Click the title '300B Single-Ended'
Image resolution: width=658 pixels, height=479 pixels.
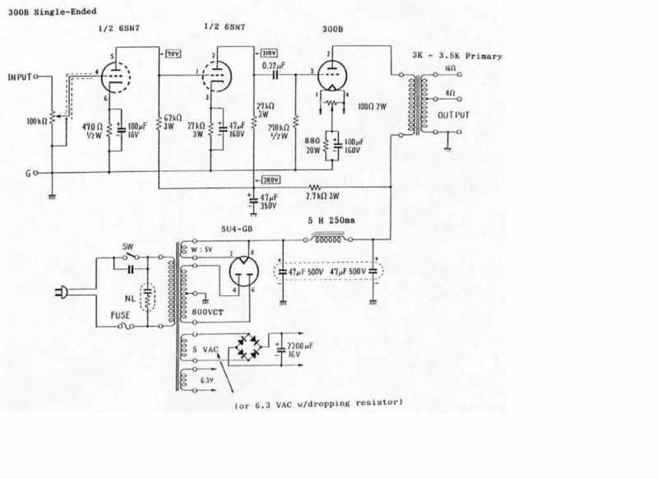pos(51,11)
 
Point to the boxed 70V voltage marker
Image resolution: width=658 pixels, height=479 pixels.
pos(173,53)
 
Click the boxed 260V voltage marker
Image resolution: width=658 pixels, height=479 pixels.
pos(271,180)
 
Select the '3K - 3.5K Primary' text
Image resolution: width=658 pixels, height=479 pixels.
pos(456,56)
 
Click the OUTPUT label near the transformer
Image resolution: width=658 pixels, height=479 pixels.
pos(454,114)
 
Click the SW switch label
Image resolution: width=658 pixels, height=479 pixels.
pos(127,247)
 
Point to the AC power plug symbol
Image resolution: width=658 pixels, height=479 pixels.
pos(63,291)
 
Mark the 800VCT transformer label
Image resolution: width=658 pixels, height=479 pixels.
pos(206,314)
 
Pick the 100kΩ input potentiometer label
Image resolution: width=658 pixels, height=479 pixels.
pos(37,120)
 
